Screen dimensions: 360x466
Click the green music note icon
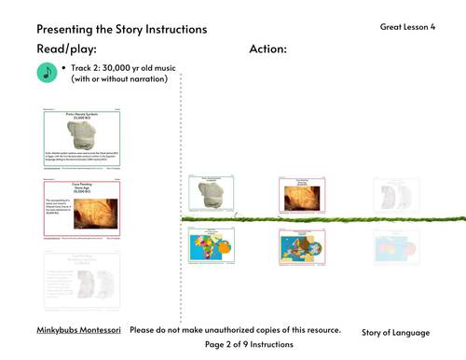tap(47, 74)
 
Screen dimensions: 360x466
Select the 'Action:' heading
tap(268, 48)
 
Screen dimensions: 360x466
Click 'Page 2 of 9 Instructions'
tap(249, 345)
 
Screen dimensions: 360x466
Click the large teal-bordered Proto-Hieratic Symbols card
tap(83, 139)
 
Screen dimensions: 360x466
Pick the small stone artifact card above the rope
tap(210, 194)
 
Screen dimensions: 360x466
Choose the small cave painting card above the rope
tap(302, 194)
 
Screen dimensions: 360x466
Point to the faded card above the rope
tap(396, 195)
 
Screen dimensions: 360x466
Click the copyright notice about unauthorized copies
tap(235, 330)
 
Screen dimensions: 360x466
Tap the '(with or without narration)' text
tap(118, 79)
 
